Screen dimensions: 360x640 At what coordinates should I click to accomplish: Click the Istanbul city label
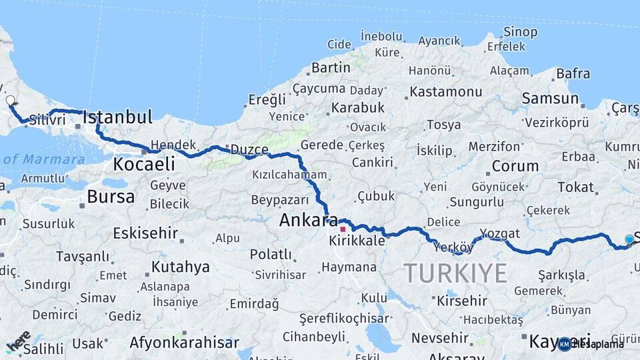pyautogui.click(x=117, y=117)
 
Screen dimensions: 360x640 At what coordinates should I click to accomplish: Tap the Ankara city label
pyautogui.click(x=308, y=220)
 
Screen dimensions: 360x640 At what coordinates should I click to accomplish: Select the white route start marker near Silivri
pyautogui.click(x=10, y=101)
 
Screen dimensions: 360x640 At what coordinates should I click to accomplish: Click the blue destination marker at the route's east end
pyautogui.click(x=629, y=239)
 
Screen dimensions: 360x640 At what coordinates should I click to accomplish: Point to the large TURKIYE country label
pyautogui.click(x=455, y=273)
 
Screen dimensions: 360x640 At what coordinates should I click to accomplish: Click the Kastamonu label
pyautogui.click(x=446, y=91)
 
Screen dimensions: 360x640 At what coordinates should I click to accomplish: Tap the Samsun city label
pyautogui.click(x=550, y=98)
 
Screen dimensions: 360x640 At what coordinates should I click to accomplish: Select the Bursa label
pyautogui.click(x=111, y=197)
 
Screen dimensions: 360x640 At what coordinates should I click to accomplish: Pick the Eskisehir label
pyautogui.click(x=145, y=233)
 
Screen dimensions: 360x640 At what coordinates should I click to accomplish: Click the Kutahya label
pyautogui.click(x=180, y=267)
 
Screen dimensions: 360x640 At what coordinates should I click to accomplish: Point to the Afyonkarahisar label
pyautogui.click(x=184, y=343)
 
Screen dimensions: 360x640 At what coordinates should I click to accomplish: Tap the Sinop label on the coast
pyautogui.click(x=520, y=31)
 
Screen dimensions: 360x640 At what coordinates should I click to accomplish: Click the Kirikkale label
pyautogui.click(x=357, y=241)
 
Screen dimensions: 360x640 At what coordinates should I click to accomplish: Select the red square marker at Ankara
pyautogui.click(x=343, y=229)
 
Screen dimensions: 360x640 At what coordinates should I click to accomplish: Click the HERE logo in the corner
pyautogui.click(x=18, y=341)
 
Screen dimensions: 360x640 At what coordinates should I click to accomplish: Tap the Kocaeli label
pyautogui.click(x=144, y=163)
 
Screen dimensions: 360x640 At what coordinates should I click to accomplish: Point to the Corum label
pyautogui.click(x=515, y=166)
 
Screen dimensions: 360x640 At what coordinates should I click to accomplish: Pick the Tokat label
pyautogui.click(x=575, y=187)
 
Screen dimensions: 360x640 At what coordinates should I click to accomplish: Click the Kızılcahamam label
pyautogui.click(x=289, y=175)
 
